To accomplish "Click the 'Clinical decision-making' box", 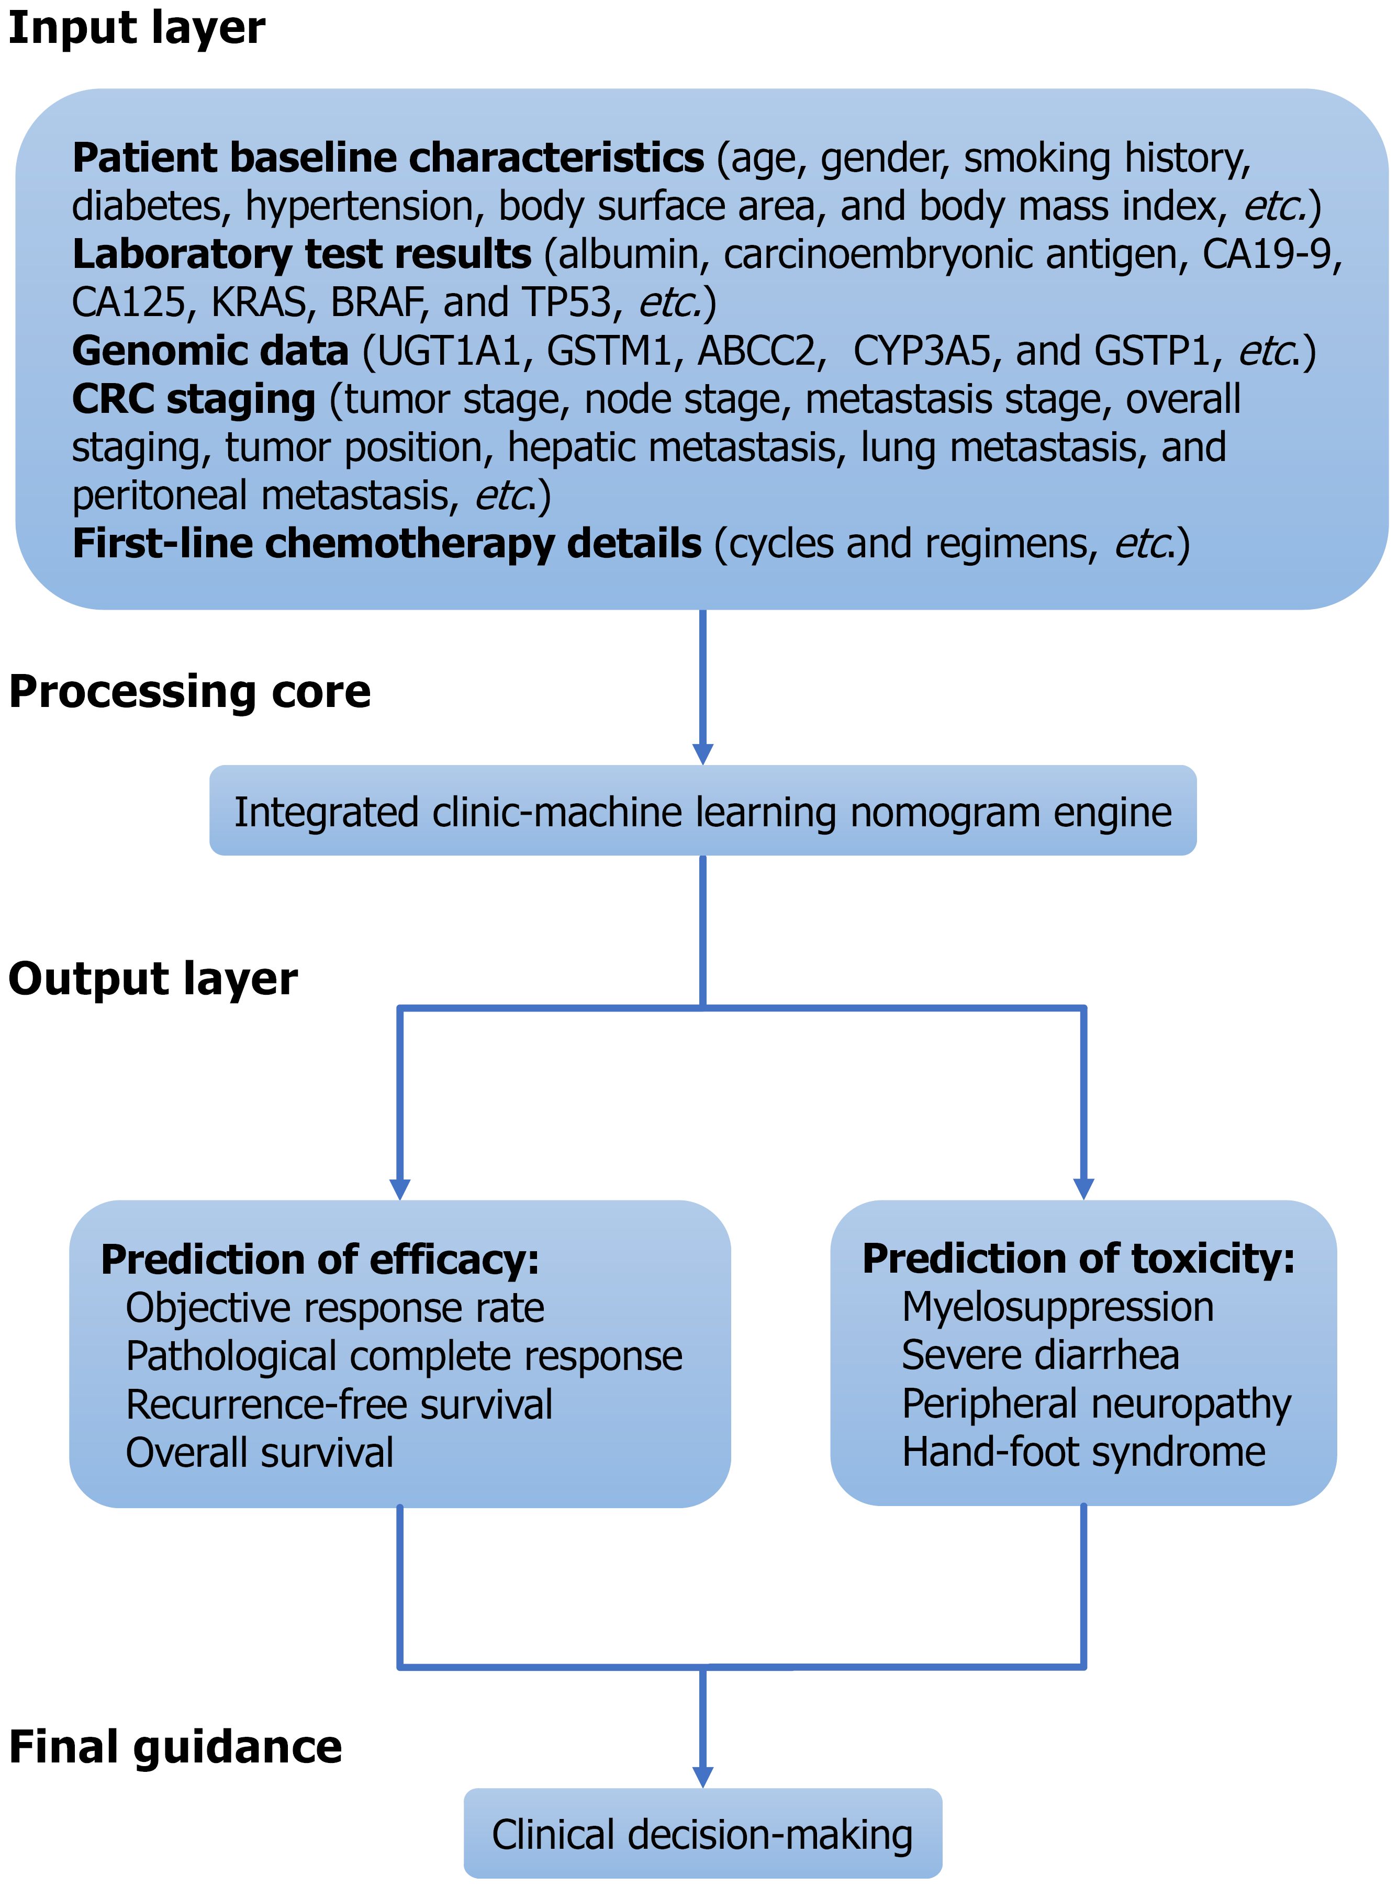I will point(702,1835).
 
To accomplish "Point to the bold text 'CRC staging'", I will point(194,399).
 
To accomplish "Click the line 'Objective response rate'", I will point(335,1308).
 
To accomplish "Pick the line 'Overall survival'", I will point(260,1453).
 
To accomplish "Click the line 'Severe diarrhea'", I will point(1040,1355).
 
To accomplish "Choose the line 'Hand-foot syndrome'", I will point(1083,1452).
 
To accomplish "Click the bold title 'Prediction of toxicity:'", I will point(1078,1259).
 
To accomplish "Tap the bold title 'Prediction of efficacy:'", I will point(320,1260).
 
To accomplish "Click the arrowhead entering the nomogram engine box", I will point(702,753).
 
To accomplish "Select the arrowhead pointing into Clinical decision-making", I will point(702,1776).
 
